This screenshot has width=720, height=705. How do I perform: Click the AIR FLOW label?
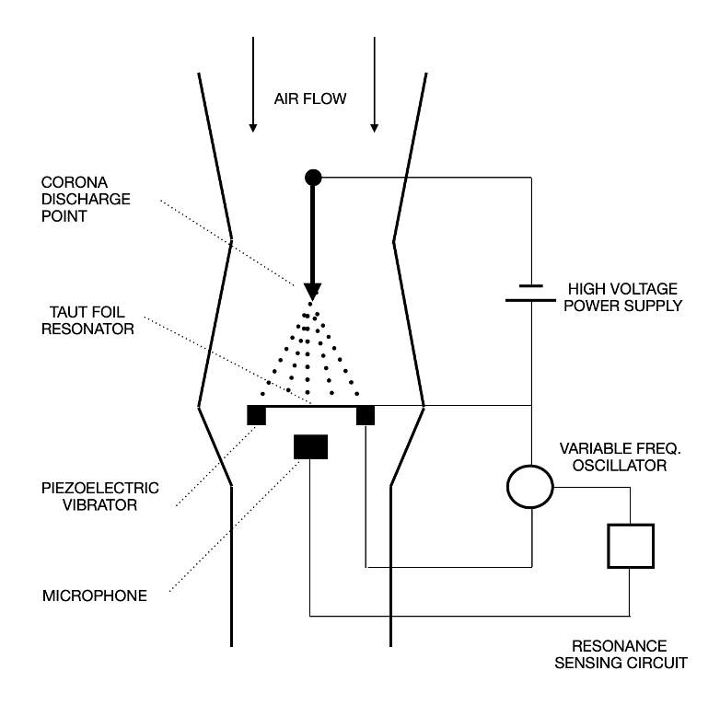pyautogui.click(x=310, y=98)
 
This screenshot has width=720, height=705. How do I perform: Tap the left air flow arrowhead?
pyautogui.click(x=252, y=128)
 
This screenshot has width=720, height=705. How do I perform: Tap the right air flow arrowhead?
pyautogui.click(x=374, y=128)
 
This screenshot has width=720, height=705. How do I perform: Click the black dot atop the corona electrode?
pyautogui.click(x=313, y=177)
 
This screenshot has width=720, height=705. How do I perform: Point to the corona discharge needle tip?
pyautogui.click(x=312, y=300)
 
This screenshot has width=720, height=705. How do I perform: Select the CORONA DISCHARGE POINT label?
pyautogui.click(x=86, y=199)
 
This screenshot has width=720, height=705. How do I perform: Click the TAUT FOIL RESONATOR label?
pyautogui.click(x=87, y=320)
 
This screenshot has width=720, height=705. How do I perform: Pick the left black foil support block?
pyautogui.click(x=256, y=416)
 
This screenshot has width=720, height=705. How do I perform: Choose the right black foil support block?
pyautogui.click(x=366, y=416)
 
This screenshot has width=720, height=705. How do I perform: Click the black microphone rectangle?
pyautogui.click(x=311, y=446)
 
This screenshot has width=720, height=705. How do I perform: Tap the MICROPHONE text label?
pyautogui.click(x=95, y=595)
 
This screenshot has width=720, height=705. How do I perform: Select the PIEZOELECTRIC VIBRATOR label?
pyautogui.click(x=100, y=496)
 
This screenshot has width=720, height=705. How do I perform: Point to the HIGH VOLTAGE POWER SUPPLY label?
pyautogui.click(x=623, y=297)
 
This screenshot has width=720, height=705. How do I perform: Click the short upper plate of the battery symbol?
pyautogui.click(x=531, y=286)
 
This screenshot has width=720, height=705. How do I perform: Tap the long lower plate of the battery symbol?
pyautogui.click(x=531, y=300)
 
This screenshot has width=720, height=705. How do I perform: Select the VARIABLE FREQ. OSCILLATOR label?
pyautogui.click(x=620, y=457)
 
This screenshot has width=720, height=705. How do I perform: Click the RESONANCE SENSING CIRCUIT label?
pyautogui.click(x=621, y=654)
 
